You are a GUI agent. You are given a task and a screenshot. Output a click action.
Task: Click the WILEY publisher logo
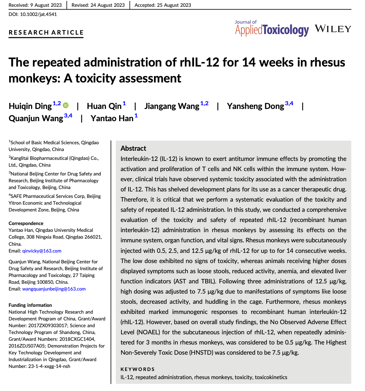(333, 29)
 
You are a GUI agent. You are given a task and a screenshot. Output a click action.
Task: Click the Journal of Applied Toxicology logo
(272, 28)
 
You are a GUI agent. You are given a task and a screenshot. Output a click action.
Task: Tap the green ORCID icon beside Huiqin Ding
(66, 106)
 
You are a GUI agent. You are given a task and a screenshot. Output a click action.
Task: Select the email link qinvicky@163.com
(42, 251)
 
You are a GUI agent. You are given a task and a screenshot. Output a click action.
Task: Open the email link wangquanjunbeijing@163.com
(54, 289)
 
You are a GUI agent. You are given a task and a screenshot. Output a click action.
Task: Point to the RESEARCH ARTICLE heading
(46, 33)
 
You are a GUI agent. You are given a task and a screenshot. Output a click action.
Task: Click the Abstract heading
(133, 148)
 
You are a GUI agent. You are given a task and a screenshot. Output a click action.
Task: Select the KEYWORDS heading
(137, 369)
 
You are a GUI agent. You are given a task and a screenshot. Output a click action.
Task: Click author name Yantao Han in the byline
(112, 118)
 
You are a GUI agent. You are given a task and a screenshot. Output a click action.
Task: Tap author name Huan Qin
(104, 106)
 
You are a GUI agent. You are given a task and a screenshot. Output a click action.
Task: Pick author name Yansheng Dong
(255, 106)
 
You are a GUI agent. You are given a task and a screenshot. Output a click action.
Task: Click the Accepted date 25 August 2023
(163, 5)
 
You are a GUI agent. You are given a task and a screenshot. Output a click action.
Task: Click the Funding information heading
(30, 305)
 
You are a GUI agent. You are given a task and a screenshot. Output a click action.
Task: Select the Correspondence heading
(26, 223)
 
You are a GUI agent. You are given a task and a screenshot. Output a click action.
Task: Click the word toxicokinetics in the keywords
(271, 377)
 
